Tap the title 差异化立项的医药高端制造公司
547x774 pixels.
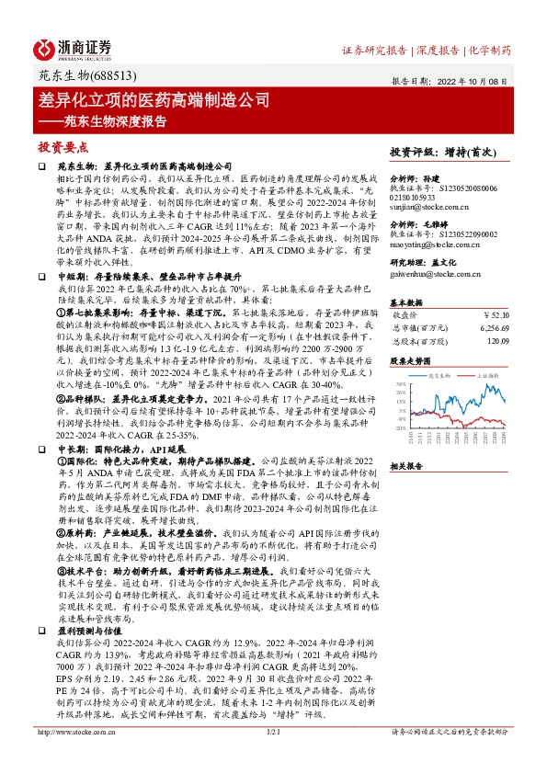tap(155, 97)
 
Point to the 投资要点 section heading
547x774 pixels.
tap(63, 146)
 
